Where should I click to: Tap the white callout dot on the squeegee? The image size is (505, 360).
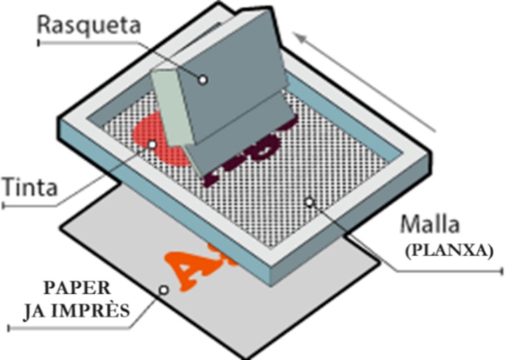203,79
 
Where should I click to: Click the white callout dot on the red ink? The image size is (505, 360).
152,144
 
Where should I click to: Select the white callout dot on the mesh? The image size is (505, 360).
310,201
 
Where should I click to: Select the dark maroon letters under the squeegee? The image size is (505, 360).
243,158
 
